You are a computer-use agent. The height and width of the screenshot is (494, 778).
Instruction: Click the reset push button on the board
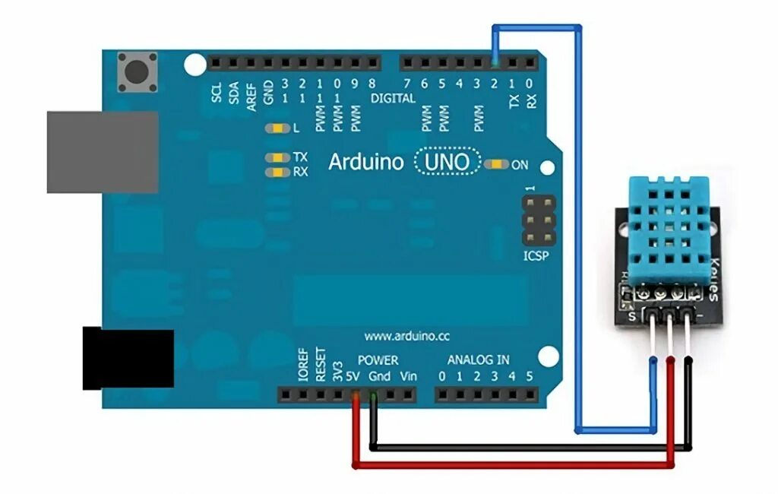pos(138,72)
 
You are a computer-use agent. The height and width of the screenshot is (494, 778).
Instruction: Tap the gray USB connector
pos(103,152)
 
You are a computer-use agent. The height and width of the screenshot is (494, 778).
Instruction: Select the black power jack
pos(128,359)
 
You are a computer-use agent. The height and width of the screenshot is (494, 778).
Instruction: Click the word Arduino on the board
pos(365,162)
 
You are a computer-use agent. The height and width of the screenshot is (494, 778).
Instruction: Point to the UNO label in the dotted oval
pos(448,162)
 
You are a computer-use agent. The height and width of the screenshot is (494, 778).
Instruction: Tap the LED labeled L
pos(277,128)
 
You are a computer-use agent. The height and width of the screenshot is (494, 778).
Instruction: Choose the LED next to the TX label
pos(277,157)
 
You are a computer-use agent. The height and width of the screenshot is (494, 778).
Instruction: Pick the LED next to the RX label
pos(277,172)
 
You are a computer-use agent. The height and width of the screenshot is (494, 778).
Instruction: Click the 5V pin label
pos(352,376)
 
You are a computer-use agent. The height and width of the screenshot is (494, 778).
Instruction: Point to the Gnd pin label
pos(380,376)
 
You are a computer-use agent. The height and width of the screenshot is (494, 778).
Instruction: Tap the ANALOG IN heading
pos(478,359)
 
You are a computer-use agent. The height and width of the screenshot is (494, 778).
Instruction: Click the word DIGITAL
pos(393,98)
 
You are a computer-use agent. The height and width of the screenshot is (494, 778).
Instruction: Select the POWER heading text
pos(378,359)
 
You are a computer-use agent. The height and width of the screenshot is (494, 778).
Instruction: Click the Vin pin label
pos(408,376)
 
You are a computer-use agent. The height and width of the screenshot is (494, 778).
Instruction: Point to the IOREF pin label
pos(302,366)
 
